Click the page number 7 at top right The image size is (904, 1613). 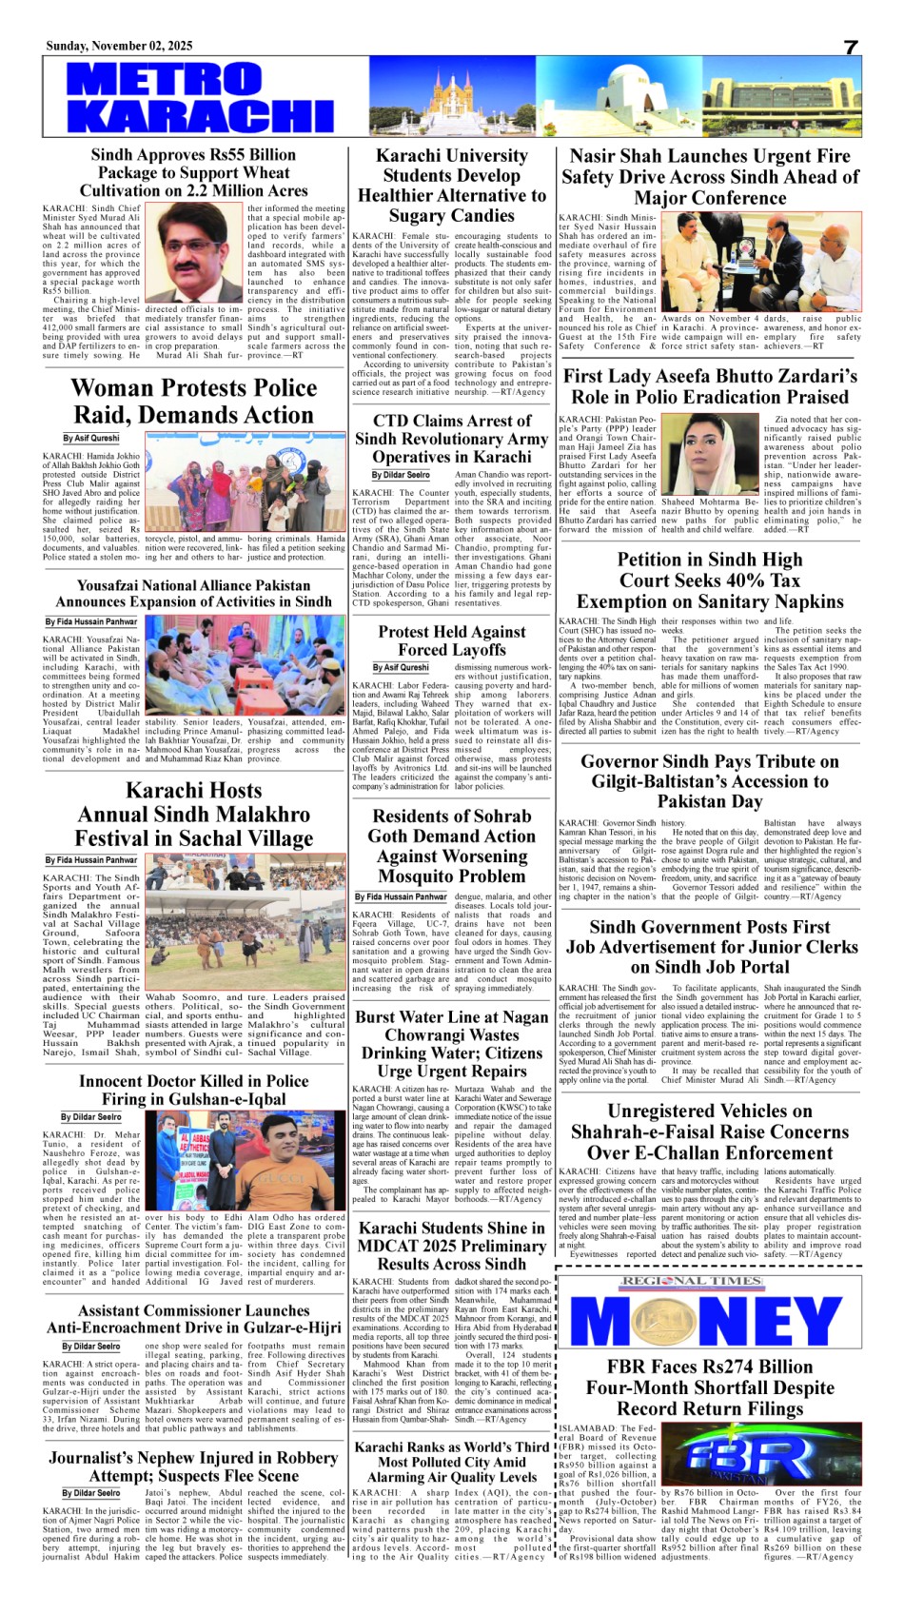click(x=850, y=49)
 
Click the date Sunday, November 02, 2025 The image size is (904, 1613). click(x=119, y=46)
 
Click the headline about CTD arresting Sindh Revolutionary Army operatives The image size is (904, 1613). click(x=451, y=439)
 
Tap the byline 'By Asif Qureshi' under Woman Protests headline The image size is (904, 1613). click(x=91, y=439)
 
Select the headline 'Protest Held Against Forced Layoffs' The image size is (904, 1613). click(x=451, y=640)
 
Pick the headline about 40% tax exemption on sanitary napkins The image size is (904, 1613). click(x=710, y=580)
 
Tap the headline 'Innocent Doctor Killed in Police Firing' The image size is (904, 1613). click(x=193, y=1091)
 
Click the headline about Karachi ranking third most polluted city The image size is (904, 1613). click(x=451, y=1462)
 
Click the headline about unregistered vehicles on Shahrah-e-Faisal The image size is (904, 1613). click(x=709, y=1131)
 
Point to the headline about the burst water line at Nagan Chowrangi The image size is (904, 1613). click(x=451, y=1044)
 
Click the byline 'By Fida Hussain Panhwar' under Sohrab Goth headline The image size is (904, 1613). click(x=401, y=896)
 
